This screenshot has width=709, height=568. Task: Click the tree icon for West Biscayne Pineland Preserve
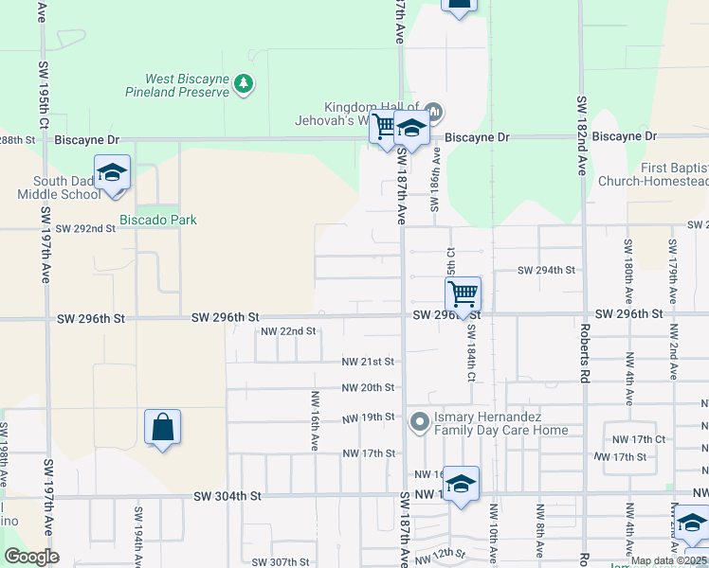coord(245,84)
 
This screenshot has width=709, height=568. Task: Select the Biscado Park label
coord(157,220)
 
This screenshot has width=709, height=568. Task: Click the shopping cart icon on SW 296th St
coord(463,295)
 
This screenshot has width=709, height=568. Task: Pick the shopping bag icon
coord(162,427)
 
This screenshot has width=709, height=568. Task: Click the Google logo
coord(31,557)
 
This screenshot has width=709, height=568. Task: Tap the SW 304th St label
coord(227,495)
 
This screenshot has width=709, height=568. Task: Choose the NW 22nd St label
coord(288,331)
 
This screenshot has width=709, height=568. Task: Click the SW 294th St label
coord(546,270)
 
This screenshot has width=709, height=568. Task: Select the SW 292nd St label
coord(85,228)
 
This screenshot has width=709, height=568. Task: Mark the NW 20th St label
coord(368,387)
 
